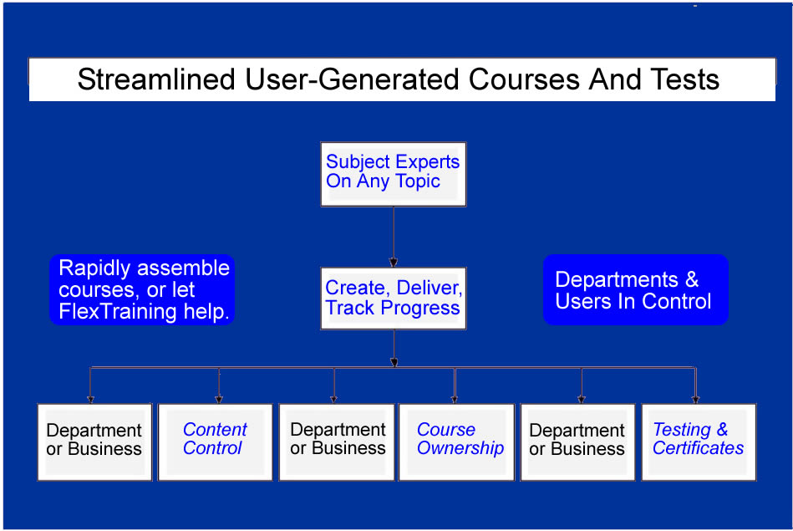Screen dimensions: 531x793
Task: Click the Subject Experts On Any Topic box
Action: tap(393, 173)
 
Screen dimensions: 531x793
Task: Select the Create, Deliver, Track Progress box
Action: tap(393, 299)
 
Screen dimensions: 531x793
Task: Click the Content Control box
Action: tap(215, 442)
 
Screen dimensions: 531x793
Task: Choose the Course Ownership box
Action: tap(456, 442)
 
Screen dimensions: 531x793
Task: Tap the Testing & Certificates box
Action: tap(698, 442)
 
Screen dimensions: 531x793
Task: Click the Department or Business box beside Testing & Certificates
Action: tap(577, 442)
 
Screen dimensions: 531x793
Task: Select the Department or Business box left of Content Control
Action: tap(94, 442)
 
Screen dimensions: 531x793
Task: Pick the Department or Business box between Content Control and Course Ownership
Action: tap(336, 442)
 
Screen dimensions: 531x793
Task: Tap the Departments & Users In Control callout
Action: tap(635, 290)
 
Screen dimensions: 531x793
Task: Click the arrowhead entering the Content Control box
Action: tap(219, 399)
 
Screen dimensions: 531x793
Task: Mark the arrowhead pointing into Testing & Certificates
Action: tap(695, 399)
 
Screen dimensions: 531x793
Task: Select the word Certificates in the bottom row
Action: tap(698, 449)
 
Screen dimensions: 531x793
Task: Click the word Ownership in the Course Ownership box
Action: tap(460, 449)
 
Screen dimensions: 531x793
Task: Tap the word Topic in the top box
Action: tap(416, 181)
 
